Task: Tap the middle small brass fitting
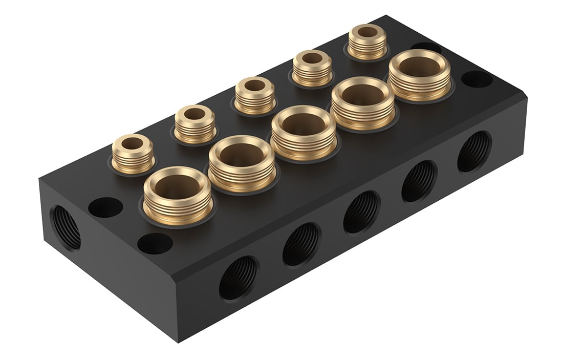click(254, 95)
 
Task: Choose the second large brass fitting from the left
click(242, 162)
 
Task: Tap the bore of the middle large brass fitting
click(303, 125)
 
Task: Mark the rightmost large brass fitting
click(419, 74)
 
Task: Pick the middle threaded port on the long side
click(361, 211)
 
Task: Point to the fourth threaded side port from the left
click(419, 181)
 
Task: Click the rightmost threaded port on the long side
click(474, 152)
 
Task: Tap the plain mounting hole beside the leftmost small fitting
click(105, 207)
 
